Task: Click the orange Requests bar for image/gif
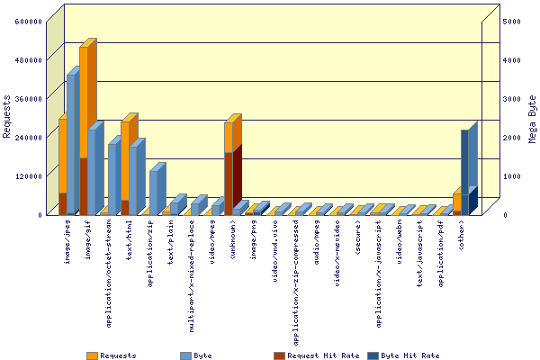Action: tap(84, 103)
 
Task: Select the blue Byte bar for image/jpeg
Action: tap(70, 145)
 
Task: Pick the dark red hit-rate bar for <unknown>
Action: tap(229, 184)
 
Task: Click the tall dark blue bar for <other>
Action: tap(464, 162)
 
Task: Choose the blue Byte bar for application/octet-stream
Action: tap(112, 179)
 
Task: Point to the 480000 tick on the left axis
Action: tap(28, 60)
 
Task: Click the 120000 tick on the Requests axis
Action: tap(28, 176)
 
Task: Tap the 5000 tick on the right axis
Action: tap(512, 22)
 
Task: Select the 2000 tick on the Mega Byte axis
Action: tap(512, 138)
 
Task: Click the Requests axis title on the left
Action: tap(6, 116)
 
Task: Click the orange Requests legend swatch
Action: tap(92, 355)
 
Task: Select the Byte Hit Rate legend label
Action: tap(410, 355)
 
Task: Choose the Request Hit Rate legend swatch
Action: tap(279, 355)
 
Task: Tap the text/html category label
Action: tap(129, 240)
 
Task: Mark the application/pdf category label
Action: tap(440, 254)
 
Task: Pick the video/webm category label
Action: tap(399, 242)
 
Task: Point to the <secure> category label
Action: tap(357, 238)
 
